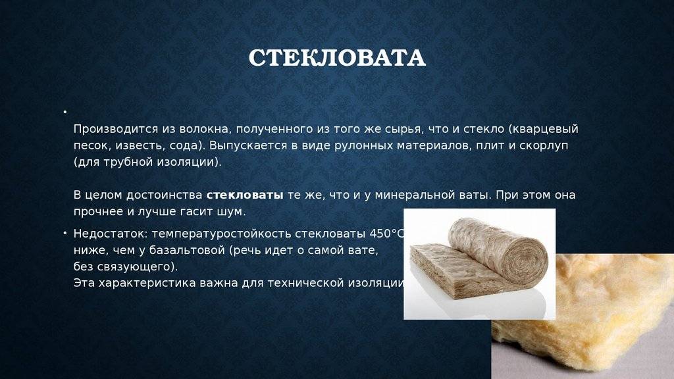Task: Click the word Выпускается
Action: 244,145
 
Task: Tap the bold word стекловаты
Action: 245,195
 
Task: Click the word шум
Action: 234,212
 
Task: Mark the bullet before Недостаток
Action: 65,234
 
